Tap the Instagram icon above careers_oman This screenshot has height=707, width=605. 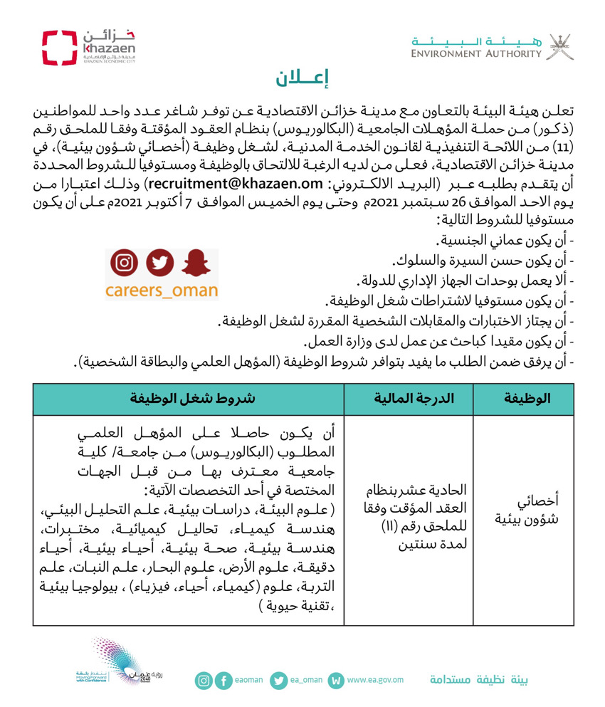[125, 263]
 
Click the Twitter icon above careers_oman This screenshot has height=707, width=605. [160, 263]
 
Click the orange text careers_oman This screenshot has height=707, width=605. [162, 290]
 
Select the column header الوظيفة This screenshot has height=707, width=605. [530, 398]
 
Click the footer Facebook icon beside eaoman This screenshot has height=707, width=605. [224, 681]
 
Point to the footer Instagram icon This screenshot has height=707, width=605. [204, 681]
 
